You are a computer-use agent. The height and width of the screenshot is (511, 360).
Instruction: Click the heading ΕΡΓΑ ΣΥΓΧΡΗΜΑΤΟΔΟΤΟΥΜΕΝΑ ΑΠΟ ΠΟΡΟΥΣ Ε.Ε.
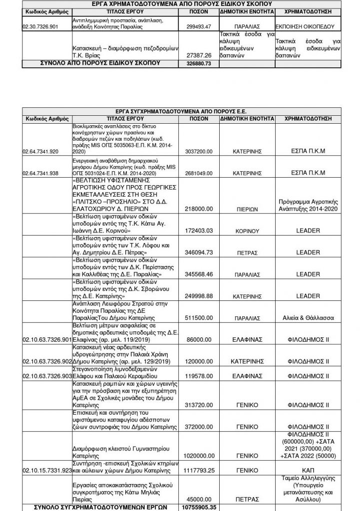click(x=182, y=112)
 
